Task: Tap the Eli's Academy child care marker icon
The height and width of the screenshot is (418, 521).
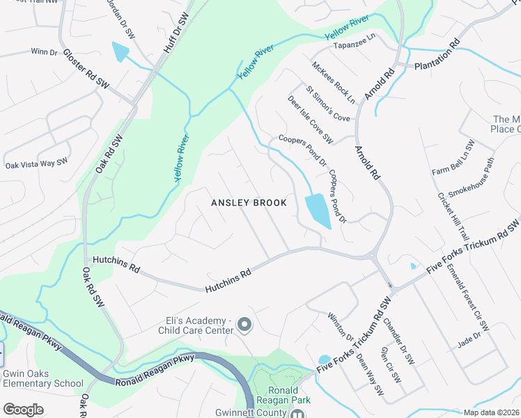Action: tap(244, 325)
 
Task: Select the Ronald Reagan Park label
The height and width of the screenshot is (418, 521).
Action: tap(284, 395)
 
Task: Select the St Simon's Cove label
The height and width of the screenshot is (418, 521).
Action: tap(327, 104)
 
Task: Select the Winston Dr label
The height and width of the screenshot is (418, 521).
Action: tap(341, 327)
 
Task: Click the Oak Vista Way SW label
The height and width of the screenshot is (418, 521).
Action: tap(37, 164)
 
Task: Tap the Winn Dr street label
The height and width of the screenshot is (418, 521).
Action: tap(44, 52)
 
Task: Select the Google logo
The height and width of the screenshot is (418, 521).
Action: tap(24, 410)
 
